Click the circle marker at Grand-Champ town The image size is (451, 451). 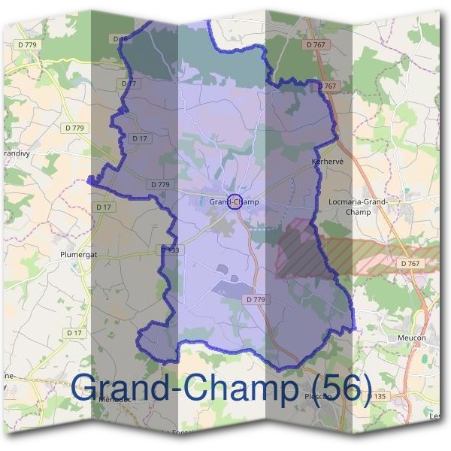tap(234, 201)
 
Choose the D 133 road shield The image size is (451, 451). tap(169, 250)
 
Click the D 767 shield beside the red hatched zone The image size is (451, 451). tap(410, 263)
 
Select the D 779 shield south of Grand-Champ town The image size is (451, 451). tap(256, 299)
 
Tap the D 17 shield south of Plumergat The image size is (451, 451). tap(74, 332)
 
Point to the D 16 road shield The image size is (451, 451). tap(120, 38)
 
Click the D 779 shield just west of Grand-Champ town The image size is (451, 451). tap(160, 184)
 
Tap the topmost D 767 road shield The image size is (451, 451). tap(316, 46)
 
